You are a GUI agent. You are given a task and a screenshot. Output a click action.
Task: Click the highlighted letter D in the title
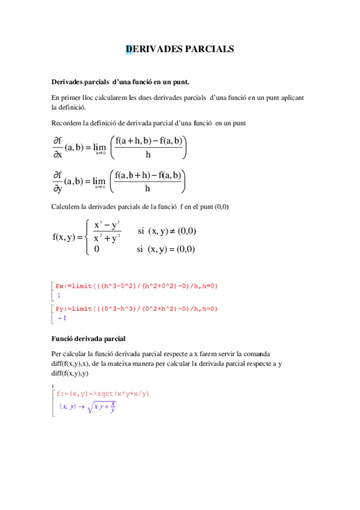point(129,49)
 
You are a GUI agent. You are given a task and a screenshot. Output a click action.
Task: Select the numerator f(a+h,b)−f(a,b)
point(149,141)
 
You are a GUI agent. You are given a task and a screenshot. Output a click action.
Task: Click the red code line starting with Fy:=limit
point(136,309)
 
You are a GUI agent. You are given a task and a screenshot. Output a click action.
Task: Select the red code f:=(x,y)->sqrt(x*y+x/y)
point(102,394)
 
